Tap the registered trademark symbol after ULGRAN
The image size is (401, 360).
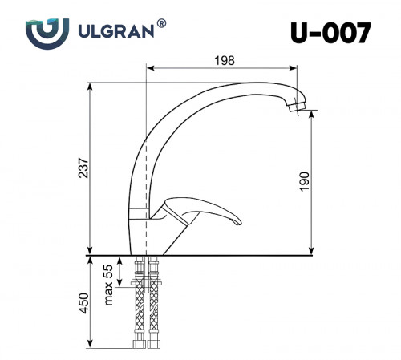tap(162, 25)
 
